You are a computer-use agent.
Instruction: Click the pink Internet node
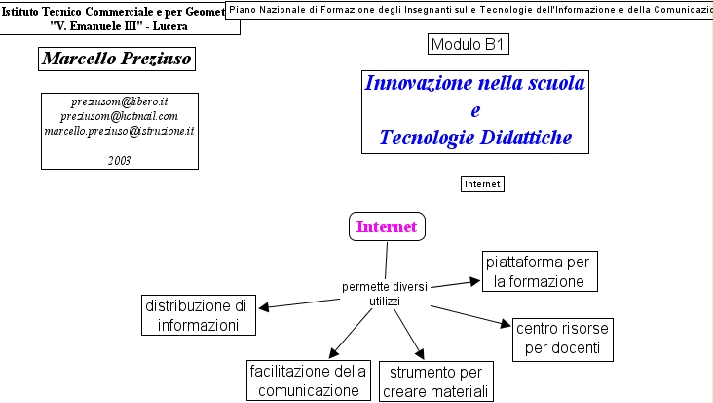(x=387, y=226)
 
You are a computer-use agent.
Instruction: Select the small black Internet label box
(x=481, y=183)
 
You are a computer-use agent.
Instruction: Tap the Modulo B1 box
(x=469, y=44)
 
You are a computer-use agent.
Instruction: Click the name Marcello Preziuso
(x=116, y=60)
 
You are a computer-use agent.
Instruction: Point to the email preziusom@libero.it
(x=120, y=101)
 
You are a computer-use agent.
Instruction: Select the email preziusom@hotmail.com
(x=120, y=116)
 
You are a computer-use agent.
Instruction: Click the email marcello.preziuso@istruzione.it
(x=120, y=131)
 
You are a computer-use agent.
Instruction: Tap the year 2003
(x=120, y=159)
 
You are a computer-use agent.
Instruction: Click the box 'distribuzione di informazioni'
(x=199, y=315)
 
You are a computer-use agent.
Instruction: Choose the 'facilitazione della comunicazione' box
(x=308, y=381)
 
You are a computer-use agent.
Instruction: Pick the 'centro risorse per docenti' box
(x=564, y=338)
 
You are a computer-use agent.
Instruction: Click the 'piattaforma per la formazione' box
(x=538, y=271)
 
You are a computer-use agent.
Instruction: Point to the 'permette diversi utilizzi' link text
(x=384, y=294)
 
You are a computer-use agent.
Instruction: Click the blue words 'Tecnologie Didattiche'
(x=475, y=138)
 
